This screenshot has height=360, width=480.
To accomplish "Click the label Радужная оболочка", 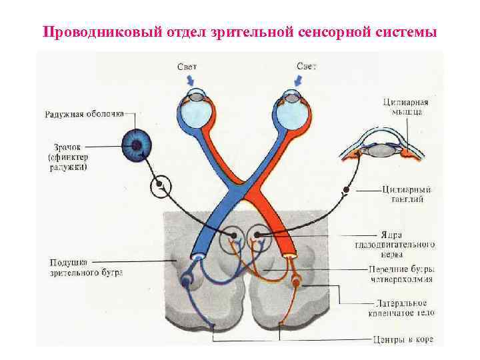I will click(84, 114).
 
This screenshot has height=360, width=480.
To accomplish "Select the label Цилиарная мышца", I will click(405, 107).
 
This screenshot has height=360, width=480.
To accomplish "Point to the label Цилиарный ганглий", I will click(407, 194).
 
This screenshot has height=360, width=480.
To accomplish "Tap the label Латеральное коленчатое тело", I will click(401, 307).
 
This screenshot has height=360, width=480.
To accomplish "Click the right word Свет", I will click(306, 66).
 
